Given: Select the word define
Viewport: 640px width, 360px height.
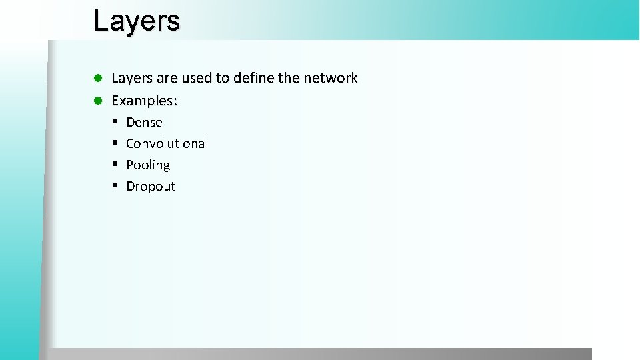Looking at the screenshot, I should (251, 79).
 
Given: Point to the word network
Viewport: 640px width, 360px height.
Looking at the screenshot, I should (330, 79).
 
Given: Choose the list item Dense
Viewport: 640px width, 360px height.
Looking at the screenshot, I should (144, 123).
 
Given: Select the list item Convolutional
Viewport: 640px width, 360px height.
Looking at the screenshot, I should (167, 144).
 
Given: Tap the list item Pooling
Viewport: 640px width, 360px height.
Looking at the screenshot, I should (148, 165).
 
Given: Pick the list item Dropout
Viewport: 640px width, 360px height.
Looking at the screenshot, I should (151, 187).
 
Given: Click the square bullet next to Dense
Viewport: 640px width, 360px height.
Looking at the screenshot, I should (115, 122).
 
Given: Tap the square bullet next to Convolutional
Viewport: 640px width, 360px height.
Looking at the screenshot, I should (115, 143).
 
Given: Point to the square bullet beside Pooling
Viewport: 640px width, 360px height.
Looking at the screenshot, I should (115, 165).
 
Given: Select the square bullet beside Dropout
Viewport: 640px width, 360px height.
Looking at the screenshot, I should (115, 186).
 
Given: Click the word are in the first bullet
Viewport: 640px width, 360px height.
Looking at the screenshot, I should (167, 79).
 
